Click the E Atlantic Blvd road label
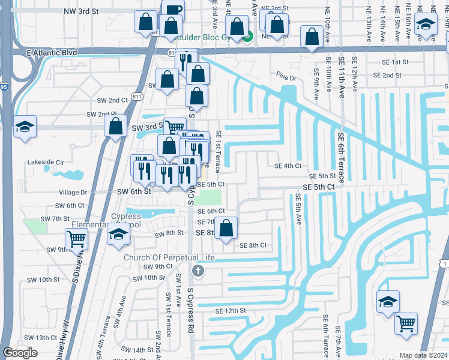[52, 53]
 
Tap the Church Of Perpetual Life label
[169, 257]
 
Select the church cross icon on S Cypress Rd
[197, 272]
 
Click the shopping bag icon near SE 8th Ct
[226, 228]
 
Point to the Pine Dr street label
[286, 77]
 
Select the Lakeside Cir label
[46, 162]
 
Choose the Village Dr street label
[73, 193]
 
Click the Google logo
[20, 353]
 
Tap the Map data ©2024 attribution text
[424, 355]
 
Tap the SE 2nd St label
[387, 75]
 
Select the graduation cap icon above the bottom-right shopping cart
[387, 301]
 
